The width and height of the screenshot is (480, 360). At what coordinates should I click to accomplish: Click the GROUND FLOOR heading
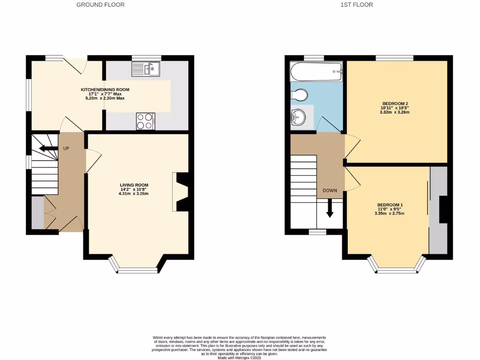(101, 5)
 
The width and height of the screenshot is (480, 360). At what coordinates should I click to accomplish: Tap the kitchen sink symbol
(146, 70)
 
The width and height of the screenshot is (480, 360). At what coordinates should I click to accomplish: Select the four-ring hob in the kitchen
(145, 121)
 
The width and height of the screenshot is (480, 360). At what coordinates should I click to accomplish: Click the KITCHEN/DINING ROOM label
(105, 90)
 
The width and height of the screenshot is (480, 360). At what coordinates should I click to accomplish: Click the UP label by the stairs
(67, 148)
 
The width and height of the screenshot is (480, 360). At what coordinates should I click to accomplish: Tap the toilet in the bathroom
(299, 95)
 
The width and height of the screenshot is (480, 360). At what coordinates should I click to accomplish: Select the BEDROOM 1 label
(390, 205)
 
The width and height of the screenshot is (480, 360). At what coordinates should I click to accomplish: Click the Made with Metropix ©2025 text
(240, 358)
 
